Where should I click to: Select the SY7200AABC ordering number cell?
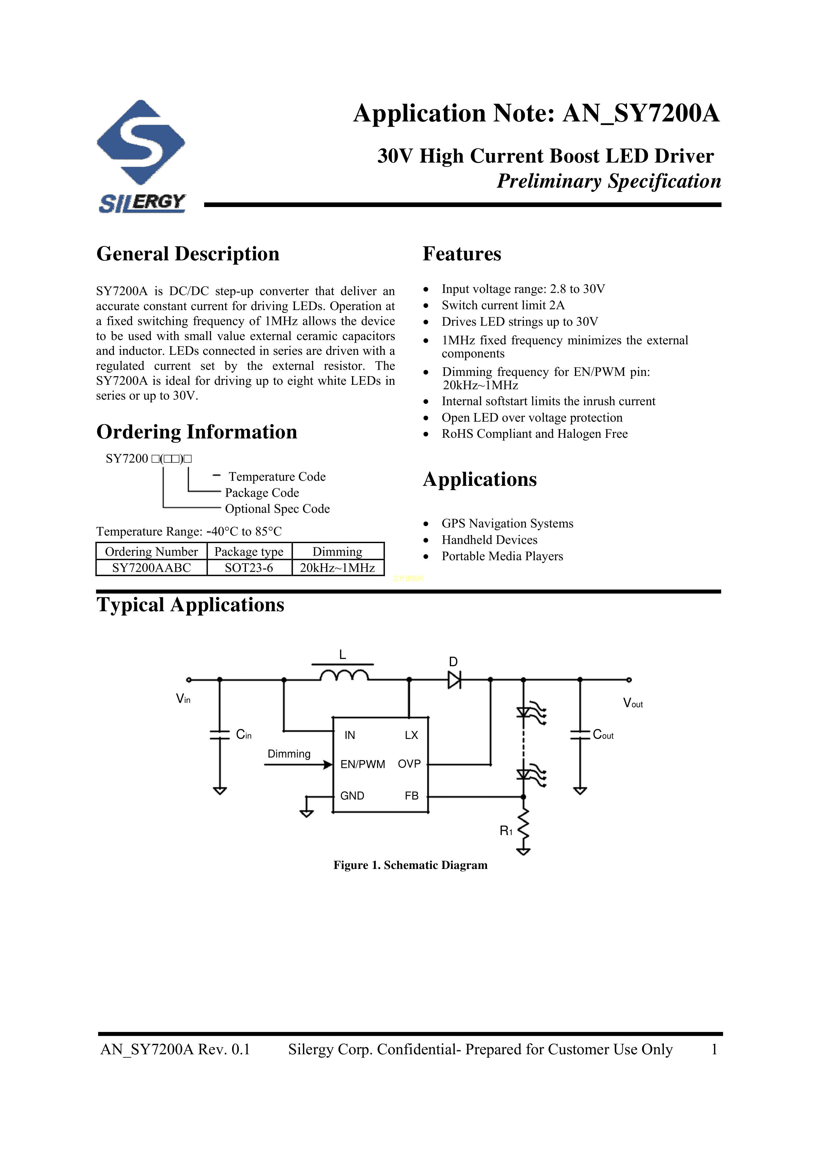point(151,568)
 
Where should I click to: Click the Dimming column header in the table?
point(337,552)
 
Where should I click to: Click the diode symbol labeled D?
point(454,680)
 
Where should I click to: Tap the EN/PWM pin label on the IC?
point(363,765)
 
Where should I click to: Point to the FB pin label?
point(411,796)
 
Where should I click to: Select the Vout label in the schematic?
point(633,703)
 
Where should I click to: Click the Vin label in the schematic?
point(183,699)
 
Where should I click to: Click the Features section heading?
point(462,254)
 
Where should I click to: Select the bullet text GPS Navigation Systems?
point(507,524)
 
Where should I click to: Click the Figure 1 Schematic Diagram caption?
point(410,865)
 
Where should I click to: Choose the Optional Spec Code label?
point(277,509)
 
